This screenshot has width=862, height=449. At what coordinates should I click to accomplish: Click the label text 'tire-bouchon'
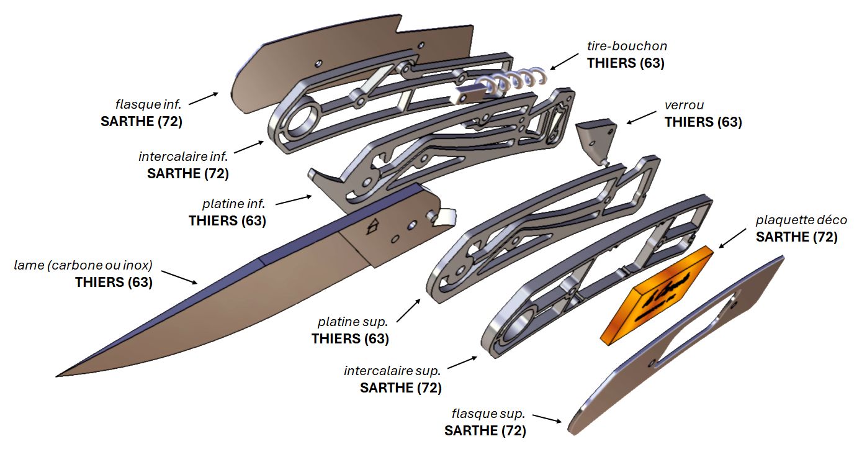click(x=627, y=47)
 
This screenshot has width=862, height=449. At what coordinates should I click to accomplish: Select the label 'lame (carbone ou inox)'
click(x=83, y=266)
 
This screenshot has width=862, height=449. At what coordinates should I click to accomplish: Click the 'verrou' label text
click(x=684, y=106)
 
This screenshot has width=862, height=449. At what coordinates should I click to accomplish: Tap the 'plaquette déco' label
click(x=801, y=220)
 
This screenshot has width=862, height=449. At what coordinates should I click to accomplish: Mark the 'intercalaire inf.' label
click(x=184, y=156)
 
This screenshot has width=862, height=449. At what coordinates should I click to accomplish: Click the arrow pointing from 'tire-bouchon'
click(x=564, y=60)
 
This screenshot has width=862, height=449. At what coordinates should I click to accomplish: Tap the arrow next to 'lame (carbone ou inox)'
click(x=180, y=277)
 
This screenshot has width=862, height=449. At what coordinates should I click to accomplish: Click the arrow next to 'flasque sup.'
click(x=547, y=419)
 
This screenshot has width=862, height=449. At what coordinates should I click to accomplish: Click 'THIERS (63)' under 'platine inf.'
click(x=227, y=220)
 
